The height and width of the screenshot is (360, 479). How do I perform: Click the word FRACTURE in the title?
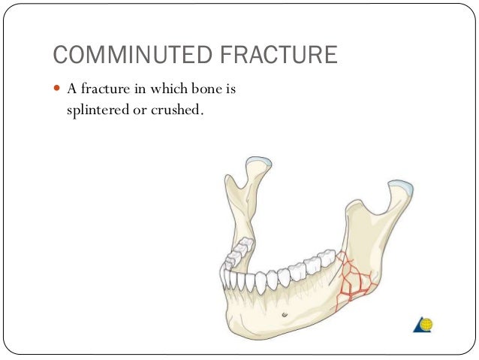click(282, 55)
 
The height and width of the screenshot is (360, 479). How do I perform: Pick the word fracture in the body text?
click(104, 89)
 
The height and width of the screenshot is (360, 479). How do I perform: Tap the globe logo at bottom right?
click(423, 325)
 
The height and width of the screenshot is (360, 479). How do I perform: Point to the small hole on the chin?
click(285, 313)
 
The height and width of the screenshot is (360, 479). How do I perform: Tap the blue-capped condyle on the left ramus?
click(259, 161)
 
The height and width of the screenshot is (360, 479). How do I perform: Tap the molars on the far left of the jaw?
click(239, 253)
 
